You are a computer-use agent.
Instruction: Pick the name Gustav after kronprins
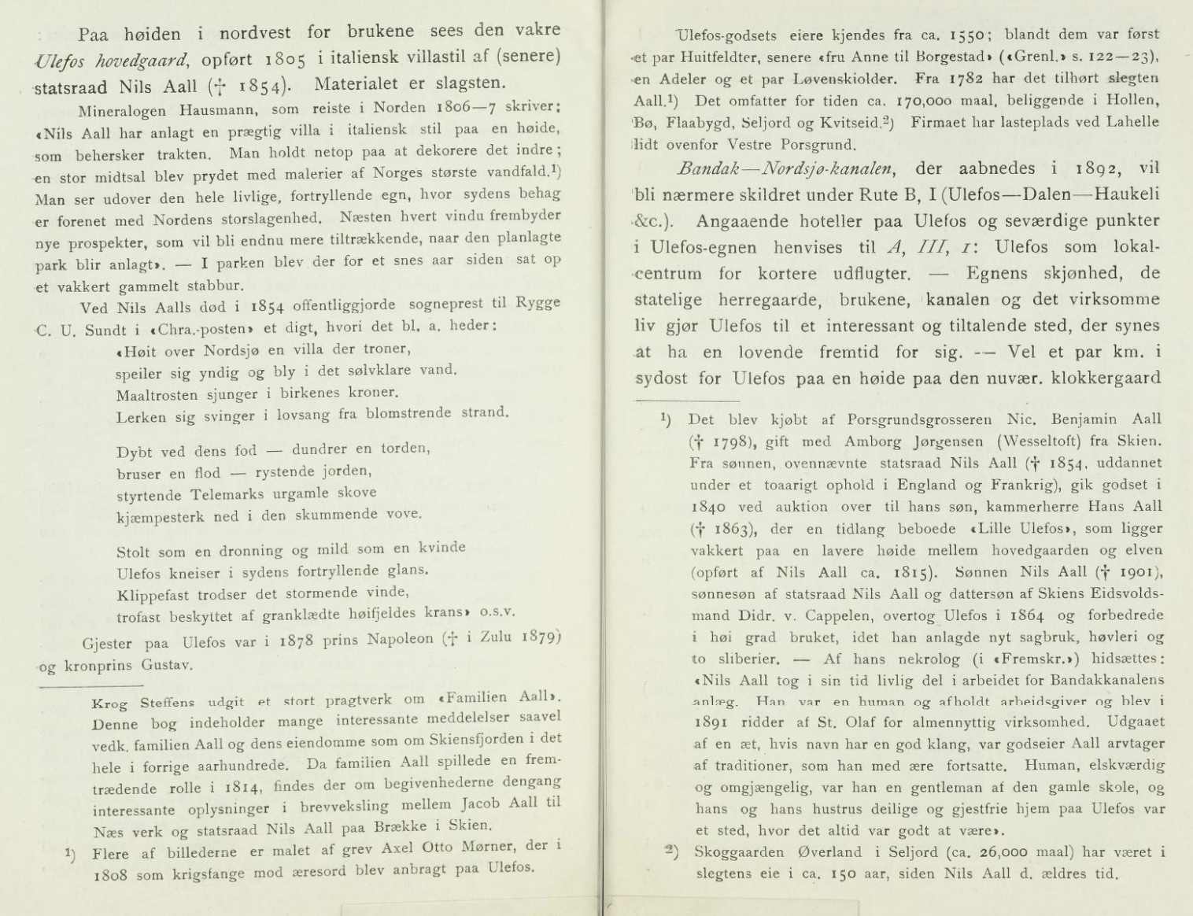point(167,665)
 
